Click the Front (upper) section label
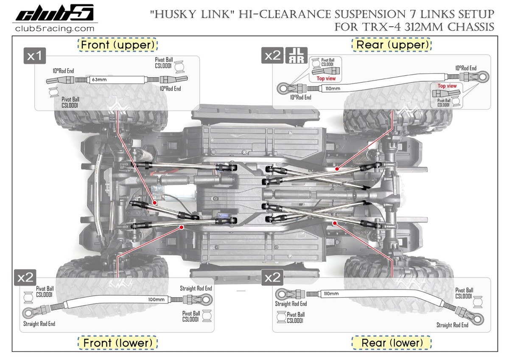tap(117, 45)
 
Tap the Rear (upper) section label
tap(391, 45)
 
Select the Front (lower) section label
tap(117, 342)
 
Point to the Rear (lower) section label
tap(392, 342)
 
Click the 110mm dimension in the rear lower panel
tap(331, 293)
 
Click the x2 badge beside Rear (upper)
tap(273, 56)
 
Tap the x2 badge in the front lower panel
tap(25, 278)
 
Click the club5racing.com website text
tap(54, 29)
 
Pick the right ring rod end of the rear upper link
tap(483, 77)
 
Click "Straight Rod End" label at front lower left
tap(39, 324)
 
